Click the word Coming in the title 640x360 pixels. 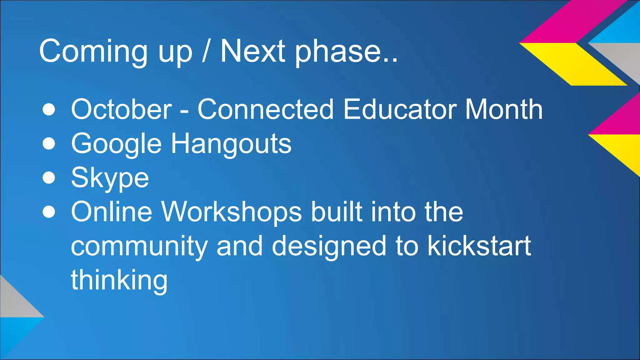[93, 52]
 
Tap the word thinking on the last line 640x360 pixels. [119, 280]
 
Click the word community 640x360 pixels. [139, 247]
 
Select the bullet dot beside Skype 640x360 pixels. [49, 178]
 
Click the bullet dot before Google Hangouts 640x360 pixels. [49, 144]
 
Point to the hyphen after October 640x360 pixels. [184, 111]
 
